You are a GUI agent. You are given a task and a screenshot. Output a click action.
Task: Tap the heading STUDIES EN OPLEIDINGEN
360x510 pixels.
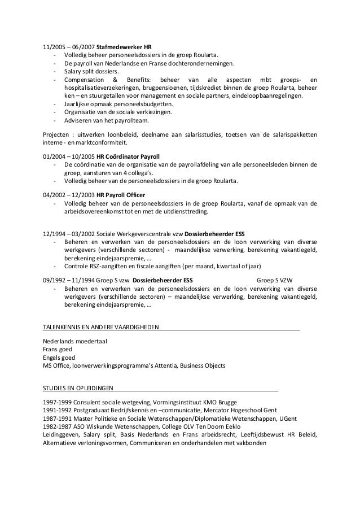coord(78,389)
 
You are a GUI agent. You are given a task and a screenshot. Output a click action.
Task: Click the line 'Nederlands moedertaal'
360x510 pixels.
coord(75,341)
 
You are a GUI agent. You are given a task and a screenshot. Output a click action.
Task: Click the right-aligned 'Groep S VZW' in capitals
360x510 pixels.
coord(278,279)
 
